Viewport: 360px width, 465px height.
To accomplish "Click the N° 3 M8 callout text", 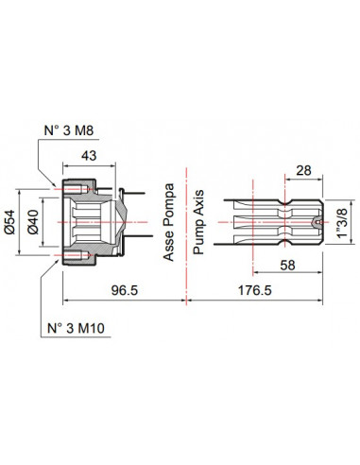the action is click(69, 130).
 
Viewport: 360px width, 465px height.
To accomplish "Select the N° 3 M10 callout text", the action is click(76, 328).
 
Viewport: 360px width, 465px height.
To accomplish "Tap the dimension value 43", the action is click(89, 156).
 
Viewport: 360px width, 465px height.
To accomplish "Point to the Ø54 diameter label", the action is click(9, 222).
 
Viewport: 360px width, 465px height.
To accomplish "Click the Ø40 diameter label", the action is click(33, 222).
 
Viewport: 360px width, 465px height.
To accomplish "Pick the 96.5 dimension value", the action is click(125, 290).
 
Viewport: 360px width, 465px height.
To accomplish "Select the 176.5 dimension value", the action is click(254, 290).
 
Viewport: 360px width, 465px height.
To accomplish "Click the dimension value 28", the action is click(303, 170).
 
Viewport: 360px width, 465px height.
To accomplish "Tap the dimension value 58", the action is click(287, 265).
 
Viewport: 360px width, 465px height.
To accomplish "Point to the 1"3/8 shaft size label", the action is click(342, 223).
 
